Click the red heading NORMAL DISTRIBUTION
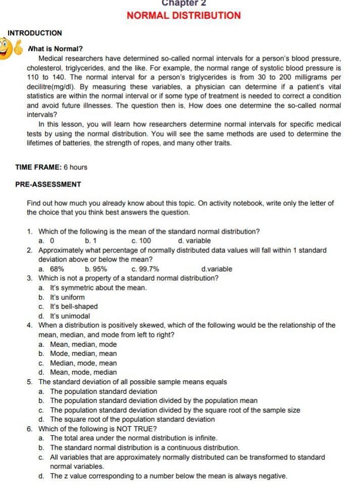tap(184, 15)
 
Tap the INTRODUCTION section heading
tap(35, 33)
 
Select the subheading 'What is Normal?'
tap(55, 49)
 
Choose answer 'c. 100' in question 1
tap(141, 241)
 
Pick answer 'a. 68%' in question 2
tap(52, 269)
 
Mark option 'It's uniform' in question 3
tap(68, 297)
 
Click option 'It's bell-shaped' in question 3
tap(74, 306)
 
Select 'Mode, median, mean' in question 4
tap(83, 354)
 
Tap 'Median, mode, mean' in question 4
tap(83, 363)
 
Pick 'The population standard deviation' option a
tap(104, 391)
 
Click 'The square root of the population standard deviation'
tap(132, 419)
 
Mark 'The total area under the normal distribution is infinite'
tap(134, 438)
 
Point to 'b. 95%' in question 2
tap(97, 269)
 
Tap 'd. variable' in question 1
tap(195, 241)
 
